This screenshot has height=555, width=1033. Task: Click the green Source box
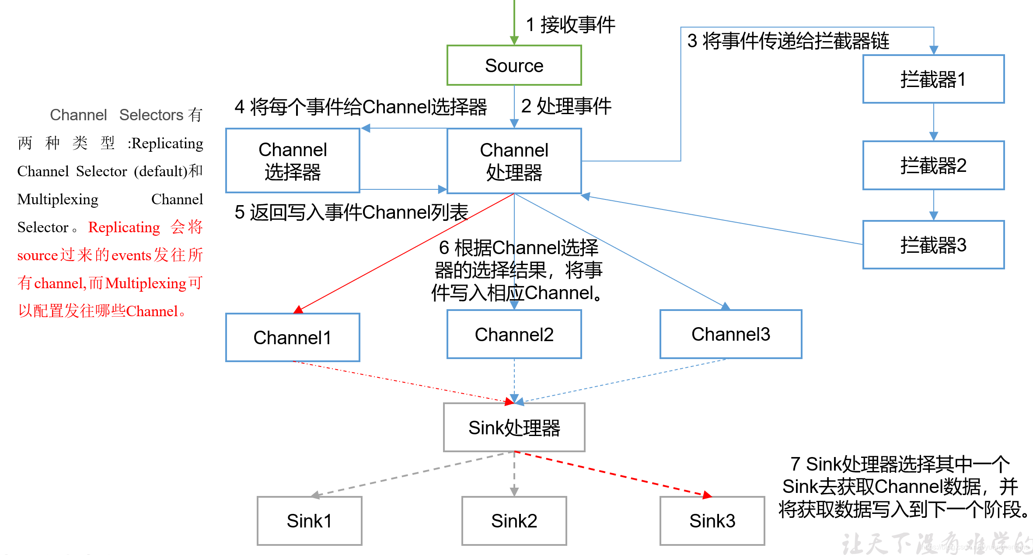click(x=514, y=66)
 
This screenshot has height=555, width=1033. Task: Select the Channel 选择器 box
click(x=293, y=161)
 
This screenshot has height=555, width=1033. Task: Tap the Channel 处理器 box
click(x=514, y=161)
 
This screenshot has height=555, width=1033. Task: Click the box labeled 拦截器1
click(x=933, y=79)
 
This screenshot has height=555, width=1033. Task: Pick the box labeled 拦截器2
click(x=933, y=165)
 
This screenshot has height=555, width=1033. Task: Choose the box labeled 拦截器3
click(x=933, y=245)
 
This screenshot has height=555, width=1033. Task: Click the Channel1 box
click(x=293, y=338)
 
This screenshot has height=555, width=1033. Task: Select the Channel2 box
click(x=514, y=335)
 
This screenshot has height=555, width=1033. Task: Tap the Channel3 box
click(x=730, y=334)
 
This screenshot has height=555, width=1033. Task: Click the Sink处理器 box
click(x=514, y=427)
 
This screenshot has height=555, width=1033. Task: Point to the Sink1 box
click(x=309, y=521)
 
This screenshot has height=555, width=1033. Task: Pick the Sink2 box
click(x=514, y=521)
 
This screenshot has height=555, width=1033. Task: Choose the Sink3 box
click(x=712, y=521)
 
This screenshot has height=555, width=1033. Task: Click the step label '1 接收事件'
click(x=570, y=24)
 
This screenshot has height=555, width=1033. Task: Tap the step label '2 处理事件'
click(x=566, y=106)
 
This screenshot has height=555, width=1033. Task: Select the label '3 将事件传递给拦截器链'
click(x=788, y=41)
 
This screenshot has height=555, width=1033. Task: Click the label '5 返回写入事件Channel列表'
click(x=351, y=213)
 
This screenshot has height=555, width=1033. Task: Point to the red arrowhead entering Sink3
click(x=707, y=496)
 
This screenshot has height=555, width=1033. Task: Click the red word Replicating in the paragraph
click(x=124, y=227)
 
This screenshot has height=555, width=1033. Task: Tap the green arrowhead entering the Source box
click(x=514, y=41)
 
